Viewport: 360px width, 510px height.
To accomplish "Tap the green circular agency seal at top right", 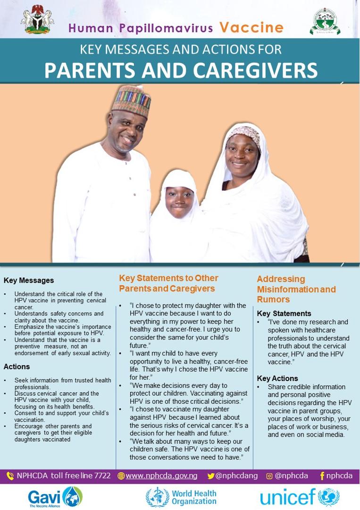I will [325, 21].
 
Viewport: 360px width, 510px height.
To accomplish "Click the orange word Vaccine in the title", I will [251, 27].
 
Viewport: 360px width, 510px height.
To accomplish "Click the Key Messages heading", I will [29, 280].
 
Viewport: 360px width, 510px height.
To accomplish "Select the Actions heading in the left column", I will [17, 366].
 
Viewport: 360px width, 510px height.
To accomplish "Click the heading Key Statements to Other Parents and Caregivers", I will [168, 283].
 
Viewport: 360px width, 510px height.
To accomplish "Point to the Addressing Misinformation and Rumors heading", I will [296, 289].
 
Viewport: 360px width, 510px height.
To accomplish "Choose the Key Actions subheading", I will [277, 378].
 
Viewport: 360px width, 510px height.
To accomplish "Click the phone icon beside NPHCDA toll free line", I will [10, 476].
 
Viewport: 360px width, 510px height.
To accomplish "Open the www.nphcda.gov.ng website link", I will [161, 476].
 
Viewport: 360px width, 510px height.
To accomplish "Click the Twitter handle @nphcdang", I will [236, 476].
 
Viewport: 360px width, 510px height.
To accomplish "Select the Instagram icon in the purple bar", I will [269, 476].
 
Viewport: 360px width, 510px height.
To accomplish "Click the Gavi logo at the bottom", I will [55, 497].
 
